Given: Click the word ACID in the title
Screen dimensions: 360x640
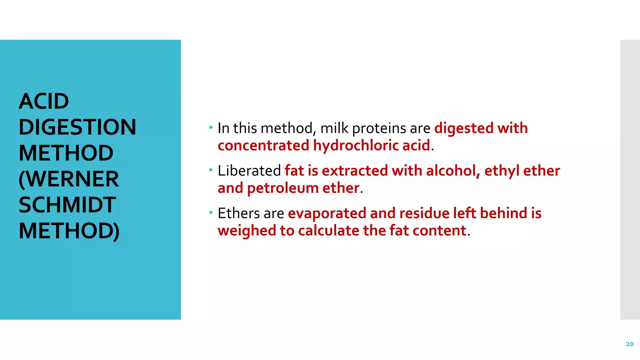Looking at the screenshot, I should pos(44,102).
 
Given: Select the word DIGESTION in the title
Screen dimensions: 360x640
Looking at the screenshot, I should pos(77,127).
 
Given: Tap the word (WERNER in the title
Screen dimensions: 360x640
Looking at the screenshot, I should pos(69,179).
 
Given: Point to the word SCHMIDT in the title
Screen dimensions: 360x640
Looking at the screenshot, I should pos(67,205).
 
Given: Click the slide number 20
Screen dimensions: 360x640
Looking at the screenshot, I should pos(629,344).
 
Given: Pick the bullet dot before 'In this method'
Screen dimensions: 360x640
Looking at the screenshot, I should pos(211,127).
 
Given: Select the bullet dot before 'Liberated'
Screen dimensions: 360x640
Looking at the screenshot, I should pos(211,170).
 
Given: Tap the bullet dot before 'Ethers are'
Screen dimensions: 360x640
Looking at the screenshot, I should pos(211,212).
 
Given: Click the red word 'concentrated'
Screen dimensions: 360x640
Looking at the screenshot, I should pos(263,146).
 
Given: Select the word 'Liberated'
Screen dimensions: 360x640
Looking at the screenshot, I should pos(249,171).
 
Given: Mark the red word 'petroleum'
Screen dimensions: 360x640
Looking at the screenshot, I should pos(282,188).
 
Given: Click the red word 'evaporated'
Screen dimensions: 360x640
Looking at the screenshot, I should pos(327,213).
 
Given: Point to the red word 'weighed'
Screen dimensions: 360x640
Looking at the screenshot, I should pos(247,231).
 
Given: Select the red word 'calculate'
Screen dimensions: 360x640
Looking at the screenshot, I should pos(328,231).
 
